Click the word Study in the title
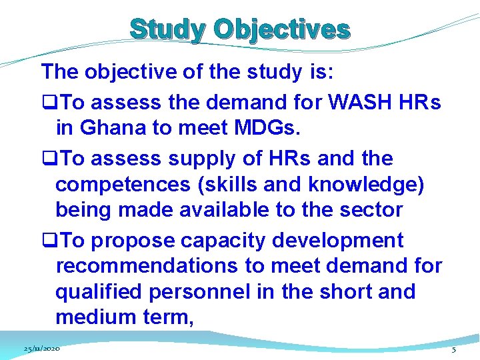click(168, 30)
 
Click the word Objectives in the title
click(282, 30)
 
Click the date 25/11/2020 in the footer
click(41, 349)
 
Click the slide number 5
click(454, 349)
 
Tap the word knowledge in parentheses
click(363, 185)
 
